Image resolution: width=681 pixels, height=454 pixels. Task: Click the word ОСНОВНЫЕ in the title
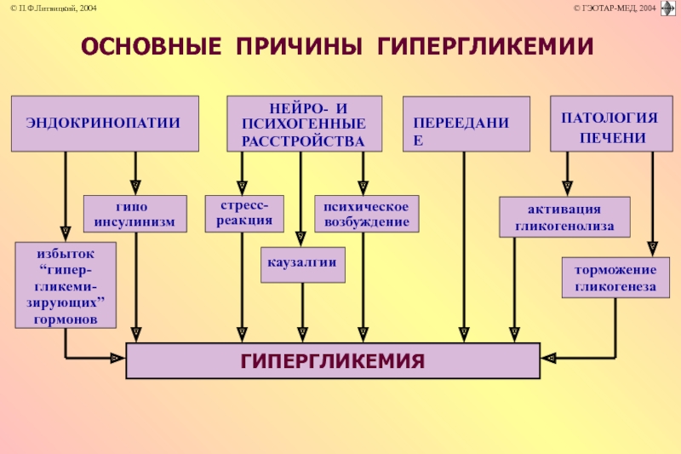(152, 46)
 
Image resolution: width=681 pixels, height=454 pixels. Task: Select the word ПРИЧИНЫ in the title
(300, 46)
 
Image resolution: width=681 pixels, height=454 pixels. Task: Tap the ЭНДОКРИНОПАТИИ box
(105, 124)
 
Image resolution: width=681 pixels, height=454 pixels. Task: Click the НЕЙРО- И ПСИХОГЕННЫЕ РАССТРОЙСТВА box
(305, 124)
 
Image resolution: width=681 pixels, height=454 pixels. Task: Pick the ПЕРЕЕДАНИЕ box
(466, 124)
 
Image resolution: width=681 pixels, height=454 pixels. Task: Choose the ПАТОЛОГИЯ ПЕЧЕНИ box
(611, 124)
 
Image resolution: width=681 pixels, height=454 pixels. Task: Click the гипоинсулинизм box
(135, 214)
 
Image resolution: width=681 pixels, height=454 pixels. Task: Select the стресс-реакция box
(244, 214)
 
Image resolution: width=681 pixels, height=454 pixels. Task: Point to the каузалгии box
(303, 265)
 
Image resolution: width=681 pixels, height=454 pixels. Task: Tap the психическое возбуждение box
(367, 214)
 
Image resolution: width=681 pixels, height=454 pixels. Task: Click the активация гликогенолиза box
(564, 217)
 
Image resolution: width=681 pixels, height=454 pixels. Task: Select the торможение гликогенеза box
(615, 278)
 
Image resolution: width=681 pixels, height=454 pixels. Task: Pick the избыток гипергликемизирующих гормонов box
(66, 285)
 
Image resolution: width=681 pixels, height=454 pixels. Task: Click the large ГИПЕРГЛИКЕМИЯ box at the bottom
(333, 360)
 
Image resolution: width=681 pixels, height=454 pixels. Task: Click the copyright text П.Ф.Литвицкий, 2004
(54, 9)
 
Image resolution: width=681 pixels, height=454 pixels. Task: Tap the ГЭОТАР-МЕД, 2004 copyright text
(615, 9)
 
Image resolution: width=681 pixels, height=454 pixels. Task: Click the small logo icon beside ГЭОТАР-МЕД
(668, 9)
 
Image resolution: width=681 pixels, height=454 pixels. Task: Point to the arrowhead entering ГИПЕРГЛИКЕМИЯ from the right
(548, 359)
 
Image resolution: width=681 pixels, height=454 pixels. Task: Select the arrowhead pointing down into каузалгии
(300, 239)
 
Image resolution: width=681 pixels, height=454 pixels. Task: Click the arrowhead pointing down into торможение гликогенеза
(652, 249)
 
